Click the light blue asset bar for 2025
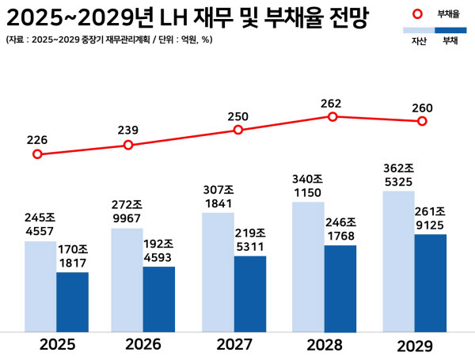[40, 286]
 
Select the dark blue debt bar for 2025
[72, 301]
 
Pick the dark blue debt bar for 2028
[340, 288]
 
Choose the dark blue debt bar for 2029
[430, 282]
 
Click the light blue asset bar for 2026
[127, 279]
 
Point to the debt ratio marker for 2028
[332, 116]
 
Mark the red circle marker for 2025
[37, 154]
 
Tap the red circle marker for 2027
[237, 130]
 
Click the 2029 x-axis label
[416, 347]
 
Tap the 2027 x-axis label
[234, 345]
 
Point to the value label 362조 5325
[398, 175]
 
